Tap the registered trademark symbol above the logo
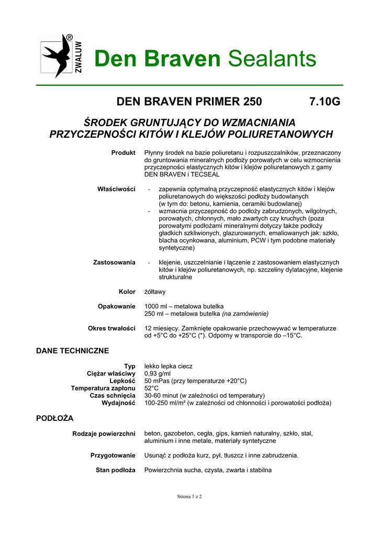pos(69,38)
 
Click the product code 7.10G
pos(325,101)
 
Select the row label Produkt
pos(123,152)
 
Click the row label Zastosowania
pos(114,262)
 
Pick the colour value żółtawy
pos(155,292)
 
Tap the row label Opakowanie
pos(117,306)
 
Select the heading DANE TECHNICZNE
pos(72,350)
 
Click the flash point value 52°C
pos(151,388)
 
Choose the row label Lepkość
pos(122,381)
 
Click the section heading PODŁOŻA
pos(54,418)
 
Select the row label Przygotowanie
pos(113,455)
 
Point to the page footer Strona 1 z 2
pos(189,496)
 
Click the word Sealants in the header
pos(272,59)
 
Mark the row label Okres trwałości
pos(112,328)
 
